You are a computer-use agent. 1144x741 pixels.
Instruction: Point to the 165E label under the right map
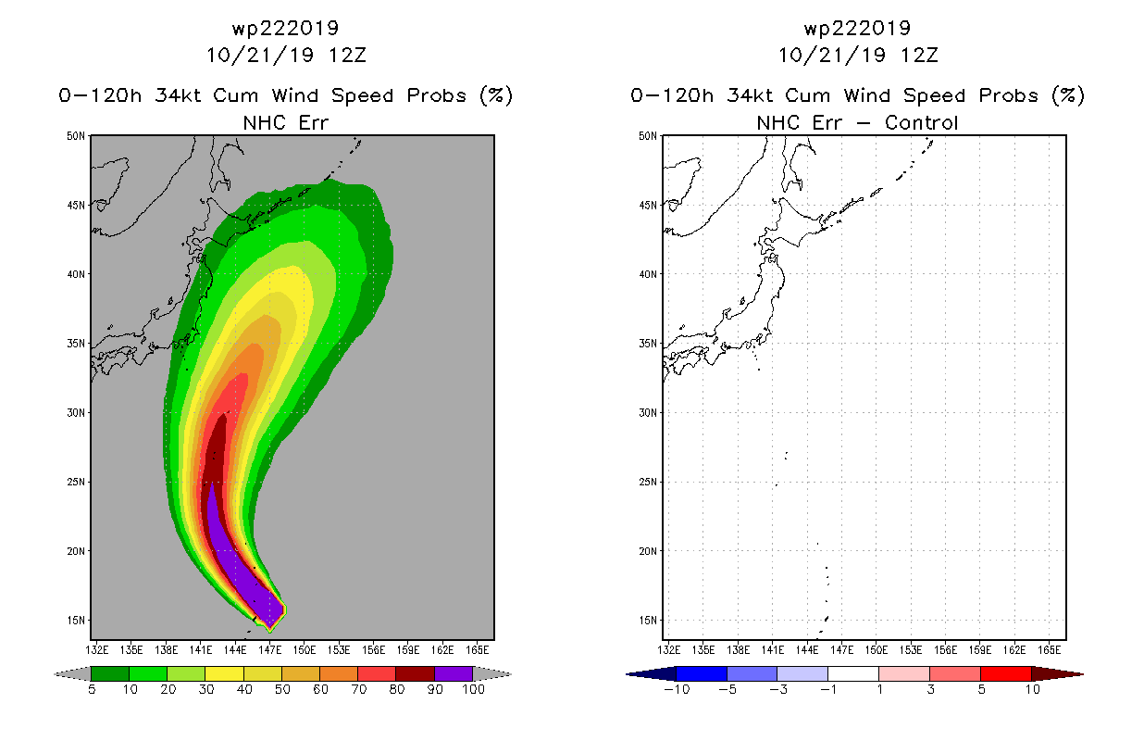coord(1050,648)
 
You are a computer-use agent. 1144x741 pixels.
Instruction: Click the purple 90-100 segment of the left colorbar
coord(453,673)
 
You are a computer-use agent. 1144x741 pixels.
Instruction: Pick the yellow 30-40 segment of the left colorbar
coord(224,673)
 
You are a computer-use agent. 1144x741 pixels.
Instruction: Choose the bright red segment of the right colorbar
coord(1005,673)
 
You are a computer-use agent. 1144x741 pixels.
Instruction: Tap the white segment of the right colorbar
coord(853,673)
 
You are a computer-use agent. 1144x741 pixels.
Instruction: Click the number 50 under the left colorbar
coord(281,690)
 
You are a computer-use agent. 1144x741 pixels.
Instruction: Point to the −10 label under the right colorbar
coord(675,690)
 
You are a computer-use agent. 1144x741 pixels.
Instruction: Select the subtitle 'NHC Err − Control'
coord(858,122)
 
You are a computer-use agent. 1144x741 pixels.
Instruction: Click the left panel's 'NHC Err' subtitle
coord(286,122)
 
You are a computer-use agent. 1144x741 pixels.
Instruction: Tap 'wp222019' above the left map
coord(286,28)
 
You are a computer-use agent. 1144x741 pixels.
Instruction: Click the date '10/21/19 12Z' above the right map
coord(858,55)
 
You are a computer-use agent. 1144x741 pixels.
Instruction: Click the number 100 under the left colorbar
coord(473,690)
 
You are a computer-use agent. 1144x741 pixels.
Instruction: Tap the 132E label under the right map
coord(670,648)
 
